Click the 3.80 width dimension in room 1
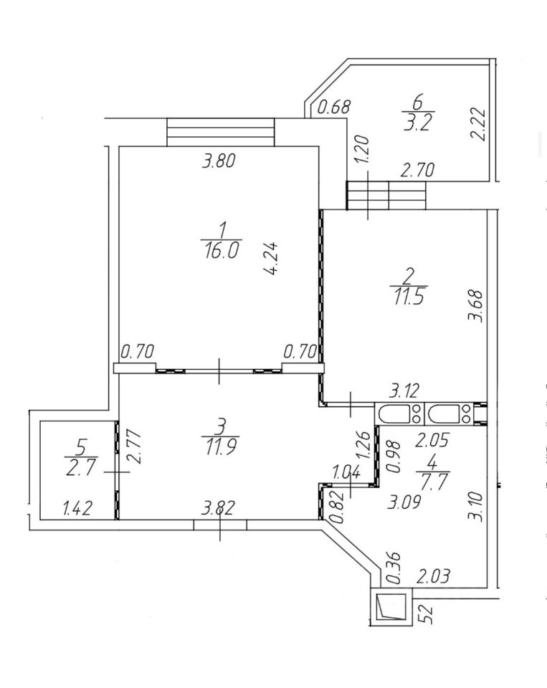(219, 162)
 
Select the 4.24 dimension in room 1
(271, 259)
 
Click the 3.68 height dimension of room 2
(473, 305)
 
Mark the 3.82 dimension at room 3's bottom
(218, 510)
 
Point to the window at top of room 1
(222, 132)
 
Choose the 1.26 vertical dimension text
(363, 445)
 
